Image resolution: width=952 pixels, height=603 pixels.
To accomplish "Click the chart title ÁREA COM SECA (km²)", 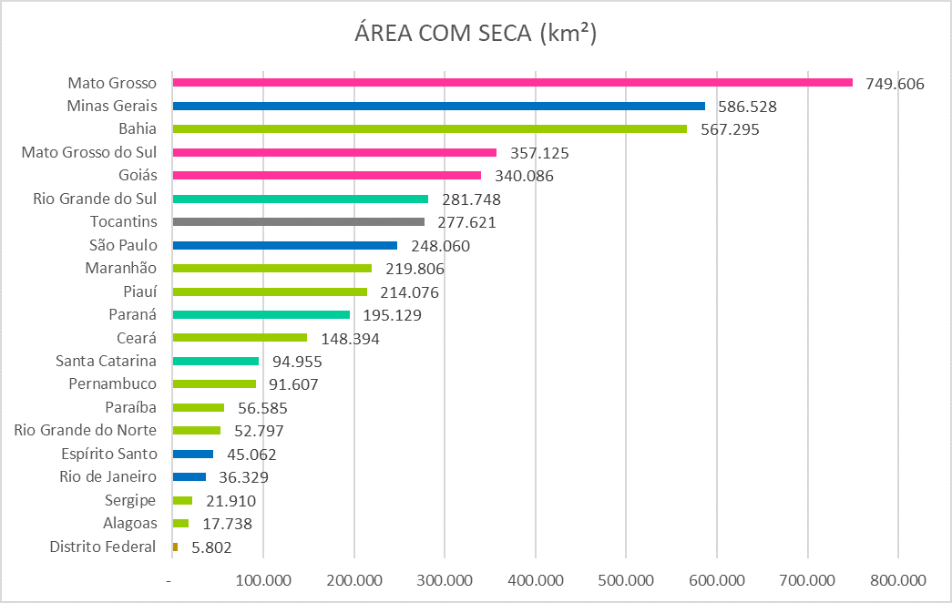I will pyautogui.click(x=476, y=34).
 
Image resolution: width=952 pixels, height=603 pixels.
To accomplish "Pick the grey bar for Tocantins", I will pyautogui.click(x=298, y=222).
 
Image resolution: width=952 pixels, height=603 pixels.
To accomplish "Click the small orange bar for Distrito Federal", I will pyautogui.click(x=175, y=547).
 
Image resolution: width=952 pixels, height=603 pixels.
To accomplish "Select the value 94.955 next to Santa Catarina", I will pyautogui.click(x=297, y=362).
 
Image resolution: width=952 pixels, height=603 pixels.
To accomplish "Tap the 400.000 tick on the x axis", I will pyautogui.click(x=535, y=580).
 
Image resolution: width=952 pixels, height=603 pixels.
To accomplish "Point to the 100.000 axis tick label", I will pyautogui.click(x=262, y=580).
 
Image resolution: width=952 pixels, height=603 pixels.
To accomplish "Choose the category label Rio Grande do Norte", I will pyautogui.click(x=86, y=430).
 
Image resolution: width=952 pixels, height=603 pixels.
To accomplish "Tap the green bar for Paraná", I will pyautogui.click(x=261, y=315).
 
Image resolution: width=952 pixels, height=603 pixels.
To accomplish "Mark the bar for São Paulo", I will pyautogui.click(x=284, y=245).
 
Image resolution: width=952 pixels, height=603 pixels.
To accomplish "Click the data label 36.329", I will pyautogui.click(x=243, y=477).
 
